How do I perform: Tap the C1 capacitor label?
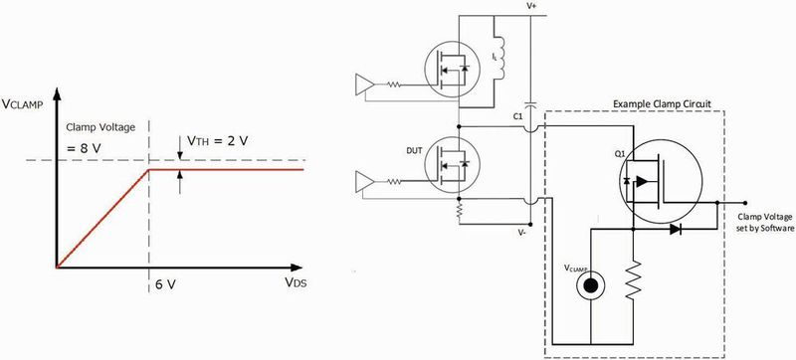517,116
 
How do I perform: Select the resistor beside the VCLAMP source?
633,281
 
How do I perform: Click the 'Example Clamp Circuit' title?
659,103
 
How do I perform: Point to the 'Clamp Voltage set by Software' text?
765,221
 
